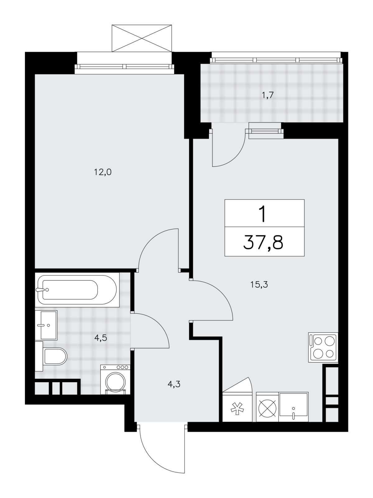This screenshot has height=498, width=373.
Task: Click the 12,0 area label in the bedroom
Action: coord(103,172)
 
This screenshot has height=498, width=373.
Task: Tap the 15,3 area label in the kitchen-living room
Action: coord(259,284)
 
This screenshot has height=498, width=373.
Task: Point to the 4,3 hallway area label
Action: coord(174,385)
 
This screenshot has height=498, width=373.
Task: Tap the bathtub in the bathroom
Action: coord(77,290)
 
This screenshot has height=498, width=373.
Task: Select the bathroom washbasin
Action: coord(46,325)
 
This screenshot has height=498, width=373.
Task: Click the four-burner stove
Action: coord(323,347)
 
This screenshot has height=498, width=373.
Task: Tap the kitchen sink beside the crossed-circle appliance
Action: coord(294,407)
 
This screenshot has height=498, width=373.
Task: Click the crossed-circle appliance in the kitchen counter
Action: coord(267,407)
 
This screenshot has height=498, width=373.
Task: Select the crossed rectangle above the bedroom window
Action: coord(142,38)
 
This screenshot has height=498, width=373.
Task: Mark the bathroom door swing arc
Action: coord(159,322)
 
